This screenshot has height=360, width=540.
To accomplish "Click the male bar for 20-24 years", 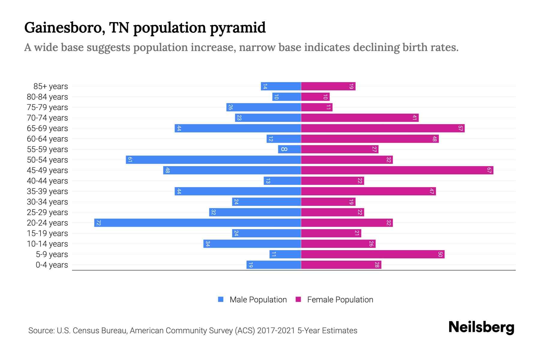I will [197, 223].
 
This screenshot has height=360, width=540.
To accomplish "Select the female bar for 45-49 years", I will [397, 170].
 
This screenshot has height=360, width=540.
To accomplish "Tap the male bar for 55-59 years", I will [289, 149].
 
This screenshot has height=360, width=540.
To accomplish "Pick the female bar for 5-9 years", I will [373, 254].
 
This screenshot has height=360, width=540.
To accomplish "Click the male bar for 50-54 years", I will [213, 160].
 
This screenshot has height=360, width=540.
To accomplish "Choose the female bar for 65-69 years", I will [382, 128].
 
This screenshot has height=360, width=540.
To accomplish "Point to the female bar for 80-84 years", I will [315, 97].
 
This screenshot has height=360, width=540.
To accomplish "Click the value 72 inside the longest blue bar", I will [98, 223].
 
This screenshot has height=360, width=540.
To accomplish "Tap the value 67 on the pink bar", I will [489, 170].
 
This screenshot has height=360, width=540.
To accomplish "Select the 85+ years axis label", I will [51, 86].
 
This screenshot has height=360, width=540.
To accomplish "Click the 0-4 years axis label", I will [52, 265].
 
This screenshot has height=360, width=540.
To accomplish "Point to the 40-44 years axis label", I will [47, 181].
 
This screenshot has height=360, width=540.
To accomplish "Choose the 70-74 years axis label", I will [47, 118].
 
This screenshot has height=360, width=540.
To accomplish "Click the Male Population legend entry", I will [258, 299].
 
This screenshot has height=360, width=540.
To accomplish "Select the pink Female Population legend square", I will [298, 299].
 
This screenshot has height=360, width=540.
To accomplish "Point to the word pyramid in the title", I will [238, 28].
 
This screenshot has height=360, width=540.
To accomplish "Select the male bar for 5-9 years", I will [285, 254].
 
